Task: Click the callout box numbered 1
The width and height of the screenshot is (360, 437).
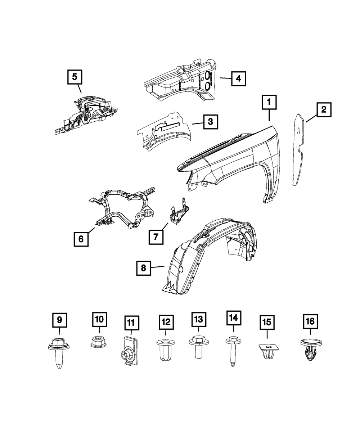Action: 269,102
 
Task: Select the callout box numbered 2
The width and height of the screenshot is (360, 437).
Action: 324,110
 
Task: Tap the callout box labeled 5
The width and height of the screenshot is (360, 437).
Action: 75,77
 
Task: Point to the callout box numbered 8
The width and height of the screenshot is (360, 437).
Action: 143,268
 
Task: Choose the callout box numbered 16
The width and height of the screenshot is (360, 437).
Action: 310,321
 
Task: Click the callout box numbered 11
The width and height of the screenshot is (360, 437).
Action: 131,323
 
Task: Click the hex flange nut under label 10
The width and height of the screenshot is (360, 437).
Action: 99,342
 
